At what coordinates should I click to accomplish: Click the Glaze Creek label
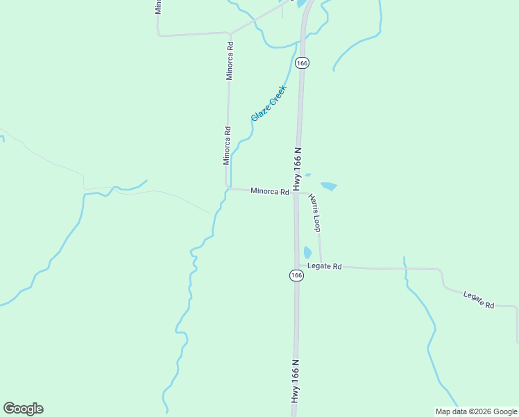click(x=269, y=104)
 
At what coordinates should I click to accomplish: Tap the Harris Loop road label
click(x=315, y=213)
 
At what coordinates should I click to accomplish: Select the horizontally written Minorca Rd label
click(x=270, y=191)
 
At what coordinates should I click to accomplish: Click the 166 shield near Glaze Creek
click(x=302, y=63)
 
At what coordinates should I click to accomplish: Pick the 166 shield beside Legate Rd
click(x=296, y=275)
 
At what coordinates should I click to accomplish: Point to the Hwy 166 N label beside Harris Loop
click(x=297, y=169)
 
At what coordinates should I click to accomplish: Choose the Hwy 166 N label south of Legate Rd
click(x=296, y=381)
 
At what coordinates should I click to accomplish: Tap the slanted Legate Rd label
click(x=479, y=300)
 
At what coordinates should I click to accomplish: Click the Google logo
click(x=23, y=409)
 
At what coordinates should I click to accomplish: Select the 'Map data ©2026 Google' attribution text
click(x=477, y=411)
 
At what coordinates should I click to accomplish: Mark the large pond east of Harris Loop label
click(x=329, y=186)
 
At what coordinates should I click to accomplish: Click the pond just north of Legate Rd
click(x=307, y=252)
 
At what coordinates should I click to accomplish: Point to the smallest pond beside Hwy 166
click(x=308, y=174)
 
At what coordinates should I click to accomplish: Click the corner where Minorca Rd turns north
click(x=228, y=188)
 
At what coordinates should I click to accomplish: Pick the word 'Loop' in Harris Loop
click(x=317, y=222)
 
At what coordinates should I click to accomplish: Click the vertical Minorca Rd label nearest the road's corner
click(x=226, y=145)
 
